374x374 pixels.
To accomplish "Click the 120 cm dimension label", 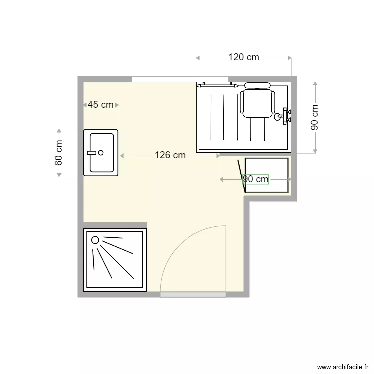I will pyautogui.click(x=244, y=57).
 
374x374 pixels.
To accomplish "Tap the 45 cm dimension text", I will pyautogui.click(x=100, y=105).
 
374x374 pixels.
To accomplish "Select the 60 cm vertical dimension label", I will pyautogui.click(x=59, y=153).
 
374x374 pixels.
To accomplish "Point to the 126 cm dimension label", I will pyautogui.click(x=170, y=156).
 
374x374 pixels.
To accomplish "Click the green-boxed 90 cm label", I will pyautogui.click(x=256, y=179).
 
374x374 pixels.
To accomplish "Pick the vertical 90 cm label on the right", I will pyautogui.click(x=315, y=117).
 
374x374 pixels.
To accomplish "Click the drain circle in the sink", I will pyautogui.click(x=102, y=153).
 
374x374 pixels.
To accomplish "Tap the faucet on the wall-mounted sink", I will pyautogui.click(x=92, y=152).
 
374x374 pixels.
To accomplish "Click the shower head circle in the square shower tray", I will pyautogui.click(x=95, y=240).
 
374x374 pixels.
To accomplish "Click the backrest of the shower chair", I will pyautogui.click(x=257, y=85).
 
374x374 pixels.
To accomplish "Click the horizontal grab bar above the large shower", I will pyautogui.click(x=217, y=85).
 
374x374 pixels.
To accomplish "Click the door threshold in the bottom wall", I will pyautogui.click(x=193, y=295).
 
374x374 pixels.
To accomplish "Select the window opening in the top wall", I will pyautogui.click(x=180, y=79).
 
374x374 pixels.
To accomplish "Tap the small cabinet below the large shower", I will pyautogui.click(x=267, y=175).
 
